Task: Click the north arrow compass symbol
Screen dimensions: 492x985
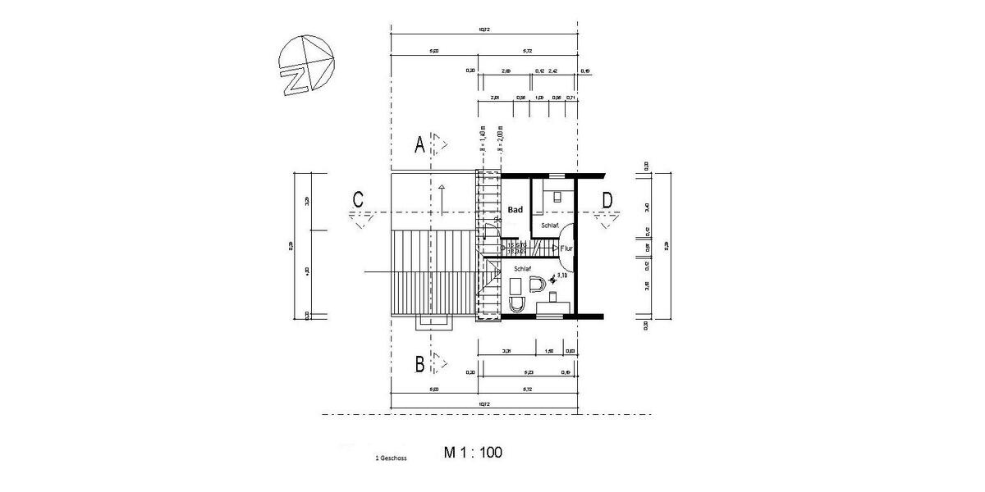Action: (305, 66)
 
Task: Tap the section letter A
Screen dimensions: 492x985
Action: (419, 145)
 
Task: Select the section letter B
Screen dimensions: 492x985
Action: (419, 362)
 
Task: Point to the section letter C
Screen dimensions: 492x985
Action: (358, 200)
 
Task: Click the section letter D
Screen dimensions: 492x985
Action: (607, 200)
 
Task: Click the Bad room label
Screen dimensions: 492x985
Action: (515, 210)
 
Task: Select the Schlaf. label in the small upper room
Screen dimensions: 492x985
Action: (550, 225)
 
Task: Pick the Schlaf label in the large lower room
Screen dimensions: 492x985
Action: (523, 268)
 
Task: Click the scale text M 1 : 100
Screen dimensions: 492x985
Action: (473, 452)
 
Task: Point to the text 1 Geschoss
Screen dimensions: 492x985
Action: (391, 458)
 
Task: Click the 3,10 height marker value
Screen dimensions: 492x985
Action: (563, 276)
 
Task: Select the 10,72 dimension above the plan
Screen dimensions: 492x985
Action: (485, 30)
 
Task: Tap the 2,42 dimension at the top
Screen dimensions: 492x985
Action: (553, 71)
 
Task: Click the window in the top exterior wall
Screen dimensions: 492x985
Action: (557, 175)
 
